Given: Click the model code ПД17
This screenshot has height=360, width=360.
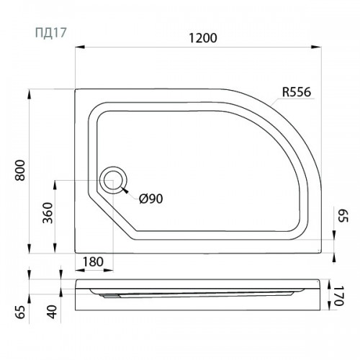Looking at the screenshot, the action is [50, 33].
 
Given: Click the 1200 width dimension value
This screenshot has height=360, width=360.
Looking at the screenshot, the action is [203, 38].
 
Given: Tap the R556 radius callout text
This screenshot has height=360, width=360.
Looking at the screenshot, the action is [297, 92].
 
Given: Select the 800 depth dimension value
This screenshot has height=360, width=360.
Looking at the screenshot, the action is [20, 170].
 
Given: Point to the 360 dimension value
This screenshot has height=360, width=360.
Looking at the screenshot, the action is [48, 213].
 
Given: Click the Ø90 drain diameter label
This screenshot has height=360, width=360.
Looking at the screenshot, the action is [151, 199].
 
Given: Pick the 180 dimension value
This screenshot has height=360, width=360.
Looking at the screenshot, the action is [93, 261].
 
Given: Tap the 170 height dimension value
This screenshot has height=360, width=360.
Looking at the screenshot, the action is [339, 296].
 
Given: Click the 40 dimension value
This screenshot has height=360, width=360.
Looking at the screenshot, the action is [53, 312].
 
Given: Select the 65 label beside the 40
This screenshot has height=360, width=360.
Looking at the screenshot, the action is [20, 312].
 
